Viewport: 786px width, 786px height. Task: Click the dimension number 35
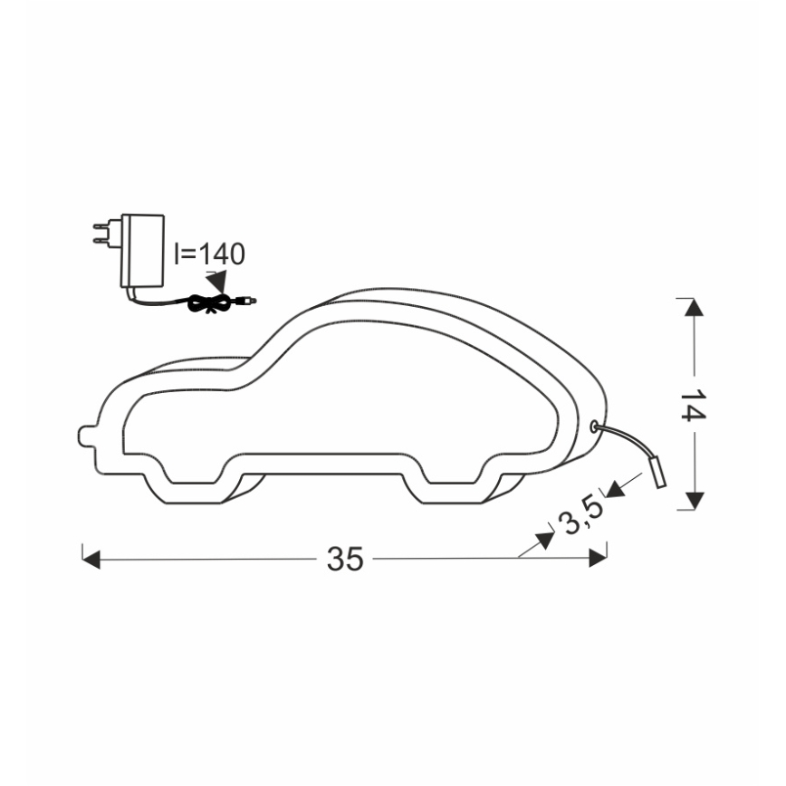tap(345, 560)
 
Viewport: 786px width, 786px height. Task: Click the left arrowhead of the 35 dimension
tap(91, 559)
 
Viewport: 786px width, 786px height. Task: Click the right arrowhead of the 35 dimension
tap(598, 559)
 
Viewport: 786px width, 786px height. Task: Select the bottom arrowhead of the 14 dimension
tap(695, 500)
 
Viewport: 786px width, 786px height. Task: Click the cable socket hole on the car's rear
tap(594, 425)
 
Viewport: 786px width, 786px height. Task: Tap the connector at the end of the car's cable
tap(658, 473)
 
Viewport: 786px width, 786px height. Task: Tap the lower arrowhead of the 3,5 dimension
tap(545, 540)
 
